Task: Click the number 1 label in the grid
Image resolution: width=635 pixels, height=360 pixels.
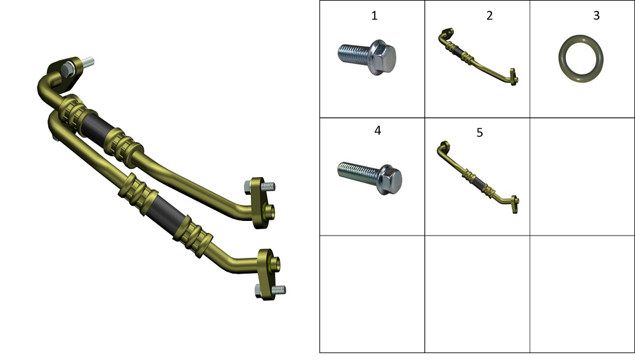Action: [374, 15]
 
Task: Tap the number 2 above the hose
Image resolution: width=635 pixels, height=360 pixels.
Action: [489, 15]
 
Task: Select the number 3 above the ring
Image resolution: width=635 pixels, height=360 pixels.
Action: [596, 15]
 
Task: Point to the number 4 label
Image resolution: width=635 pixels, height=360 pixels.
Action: [377, 130]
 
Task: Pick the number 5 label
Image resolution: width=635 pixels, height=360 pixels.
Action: [479, 133]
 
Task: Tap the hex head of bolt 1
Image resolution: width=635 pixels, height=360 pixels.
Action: [382, 57]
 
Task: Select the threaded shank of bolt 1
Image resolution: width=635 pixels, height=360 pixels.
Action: [353, 53]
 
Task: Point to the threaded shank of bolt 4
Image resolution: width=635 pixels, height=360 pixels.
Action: [357, 173]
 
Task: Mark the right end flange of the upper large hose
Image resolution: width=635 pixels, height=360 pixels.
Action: [259, 203]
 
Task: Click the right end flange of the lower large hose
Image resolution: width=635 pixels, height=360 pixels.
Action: [266, 274]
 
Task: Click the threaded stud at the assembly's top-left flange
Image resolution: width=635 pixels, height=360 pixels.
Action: [88, 62]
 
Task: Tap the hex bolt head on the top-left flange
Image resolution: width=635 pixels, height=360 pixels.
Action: [67, 69]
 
